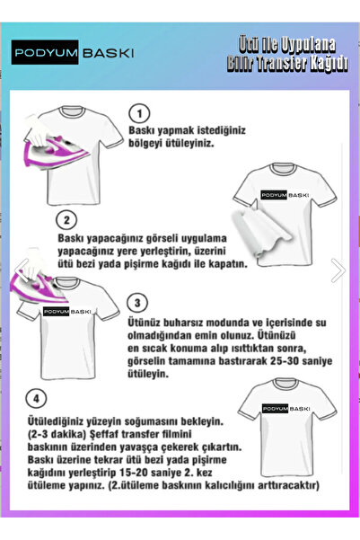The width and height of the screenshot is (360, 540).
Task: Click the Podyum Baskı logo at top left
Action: point(75,54)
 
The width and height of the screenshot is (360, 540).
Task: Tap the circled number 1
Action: point(139,113)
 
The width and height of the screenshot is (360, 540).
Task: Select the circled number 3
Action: point(139,303)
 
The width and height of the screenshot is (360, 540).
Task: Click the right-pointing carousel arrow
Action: point(338,270)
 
